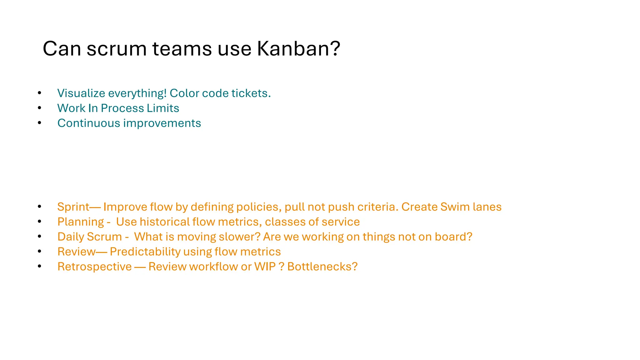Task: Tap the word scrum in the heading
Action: click(116, 49)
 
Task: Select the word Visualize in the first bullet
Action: click(81, 93)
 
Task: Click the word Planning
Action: click(81, 222)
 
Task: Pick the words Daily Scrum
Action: click(90, 237)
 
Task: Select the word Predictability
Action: click(145, 252)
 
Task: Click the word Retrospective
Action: click(94, 267)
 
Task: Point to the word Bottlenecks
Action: click(322, 267)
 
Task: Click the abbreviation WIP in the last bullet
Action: click(265, 267)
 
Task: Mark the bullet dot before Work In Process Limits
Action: click(39, 108)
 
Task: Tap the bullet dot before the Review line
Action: click(39, 251)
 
